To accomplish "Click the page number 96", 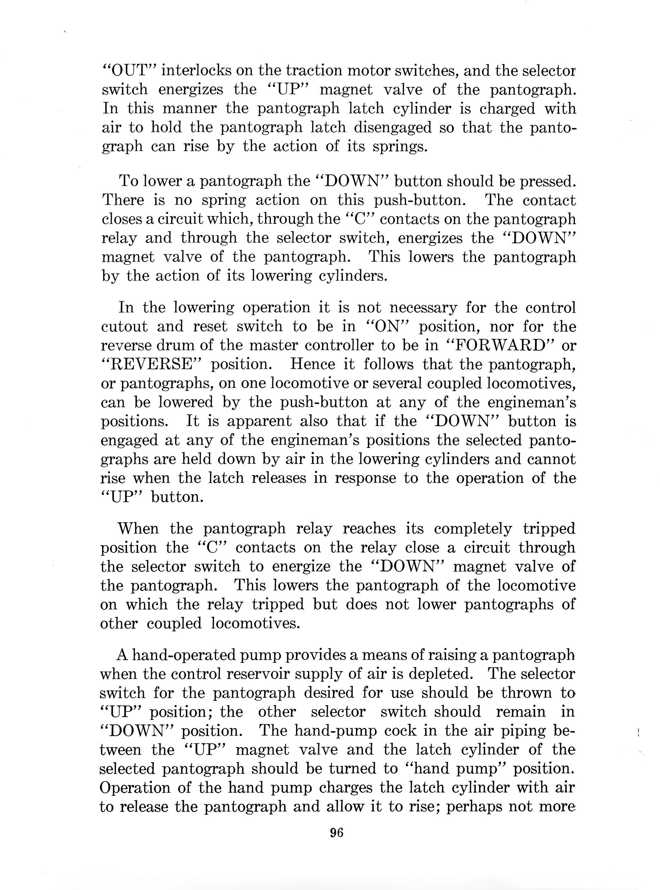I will tap(337, 832).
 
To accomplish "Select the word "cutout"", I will tap(124, 326).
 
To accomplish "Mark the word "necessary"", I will tap(423, 308).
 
